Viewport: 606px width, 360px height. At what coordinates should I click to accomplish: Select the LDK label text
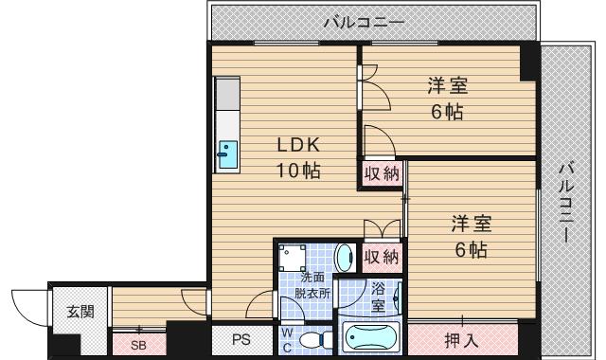[x=299, y=146]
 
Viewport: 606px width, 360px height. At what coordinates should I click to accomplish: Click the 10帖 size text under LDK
[x=299, y=171]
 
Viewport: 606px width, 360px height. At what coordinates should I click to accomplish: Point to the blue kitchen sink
[x=228, y=154]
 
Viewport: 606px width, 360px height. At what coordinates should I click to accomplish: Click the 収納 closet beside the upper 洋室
[x=381, y=173]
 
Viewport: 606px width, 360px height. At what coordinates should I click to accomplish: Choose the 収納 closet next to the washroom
[x=381, y=256]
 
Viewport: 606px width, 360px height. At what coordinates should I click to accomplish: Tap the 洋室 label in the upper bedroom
[x=447, y=86]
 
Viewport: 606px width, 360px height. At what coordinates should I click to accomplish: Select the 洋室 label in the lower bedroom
[x=471, y=225]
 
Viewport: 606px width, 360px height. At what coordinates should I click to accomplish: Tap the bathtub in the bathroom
[x=372, y=338]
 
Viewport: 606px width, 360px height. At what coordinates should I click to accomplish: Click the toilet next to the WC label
[x=313, y=338]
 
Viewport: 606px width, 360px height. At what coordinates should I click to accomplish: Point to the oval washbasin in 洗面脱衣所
[x=346, y=256]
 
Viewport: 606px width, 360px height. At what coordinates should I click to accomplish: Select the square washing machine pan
[x=294, y=257]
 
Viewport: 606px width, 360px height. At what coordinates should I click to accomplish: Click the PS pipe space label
[x=241, y=339]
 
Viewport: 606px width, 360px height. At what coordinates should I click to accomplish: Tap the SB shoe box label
[x=139, y=344]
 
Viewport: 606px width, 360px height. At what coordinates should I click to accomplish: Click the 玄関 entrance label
[x=80, y=311]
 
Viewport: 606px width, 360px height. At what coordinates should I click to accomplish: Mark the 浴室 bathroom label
[x=378, y=297]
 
